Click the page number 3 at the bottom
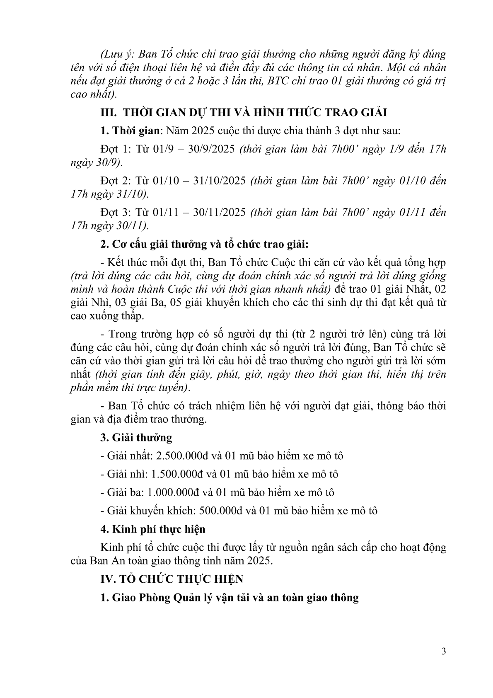click(444, 651)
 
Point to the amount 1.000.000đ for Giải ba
click(174, 492)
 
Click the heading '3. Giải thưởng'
click(136, 437)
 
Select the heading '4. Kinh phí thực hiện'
click(153, 529)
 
